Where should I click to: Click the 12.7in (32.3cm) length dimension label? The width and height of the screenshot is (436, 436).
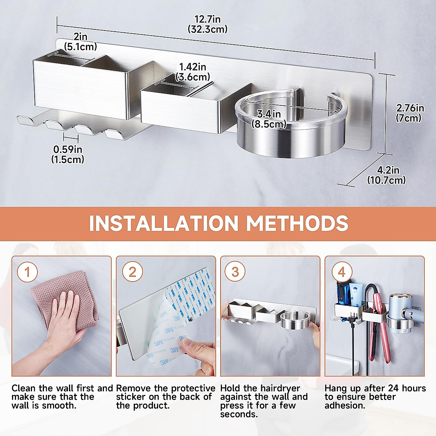click(207, 24)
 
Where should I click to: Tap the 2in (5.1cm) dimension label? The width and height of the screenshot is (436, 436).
click(80, 42)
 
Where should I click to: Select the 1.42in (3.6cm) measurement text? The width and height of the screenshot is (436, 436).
click(193, 72)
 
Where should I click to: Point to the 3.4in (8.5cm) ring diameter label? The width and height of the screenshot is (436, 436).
click(269, 119)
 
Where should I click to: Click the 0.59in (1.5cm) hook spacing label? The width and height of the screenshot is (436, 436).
click(68, 154)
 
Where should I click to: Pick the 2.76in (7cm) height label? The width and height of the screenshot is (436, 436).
click(410, 113)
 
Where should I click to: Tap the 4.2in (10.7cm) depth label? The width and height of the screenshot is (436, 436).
click(387, 175)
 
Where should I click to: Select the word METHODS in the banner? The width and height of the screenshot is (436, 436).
click(297, 223)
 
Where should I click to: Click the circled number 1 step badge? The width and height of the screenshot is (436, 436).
click(27, 272)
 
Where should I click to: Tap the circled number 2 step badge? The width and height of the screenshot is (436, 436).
click(132, 272)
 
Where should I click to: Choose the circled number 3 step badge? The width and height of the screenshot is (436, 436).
click(235, 272)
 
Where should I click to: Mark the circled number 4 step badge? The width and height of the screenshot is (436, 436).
click(342, 272)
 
